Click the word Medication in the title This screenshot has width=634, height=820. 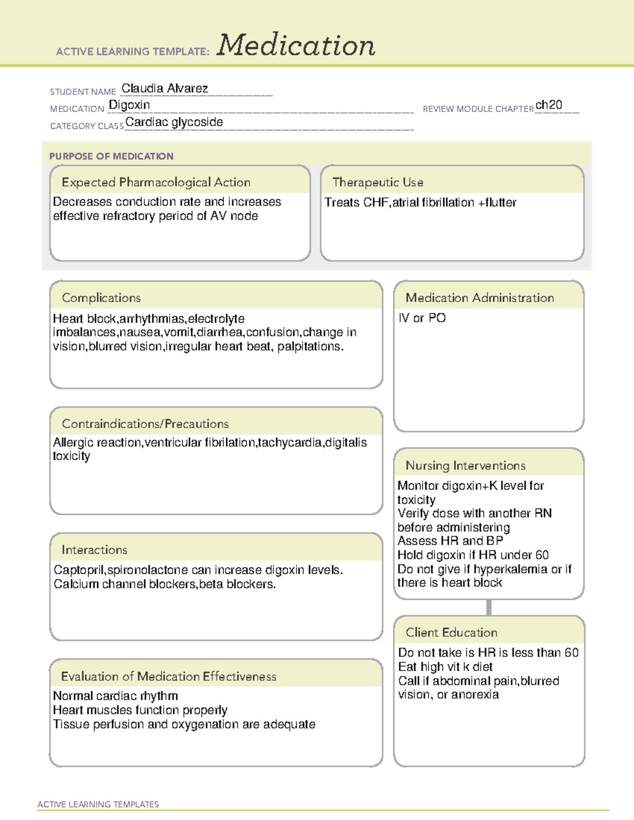coord(296,45)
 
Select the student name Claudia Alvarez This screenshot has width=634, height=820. coord(165,88)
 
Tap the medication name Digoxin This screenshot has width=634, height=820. coord(129,105)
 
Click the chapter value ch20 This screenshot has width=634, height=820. coord(548,105)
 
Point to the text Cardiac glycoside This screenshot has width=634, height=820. coord(174,122)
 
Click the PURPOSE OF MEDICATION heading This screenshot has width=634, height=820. coord(111,156)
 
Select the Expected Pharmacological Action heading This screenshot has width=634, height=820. coord(156,182)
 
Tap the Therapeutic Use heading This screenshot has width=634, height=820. coord(378,182)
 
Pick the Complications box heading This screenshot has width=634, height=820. coord(101,298)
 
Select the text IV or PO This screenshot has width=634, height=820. coord(422,318)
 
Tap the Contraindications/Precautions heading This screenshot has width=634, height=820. coord(145,423)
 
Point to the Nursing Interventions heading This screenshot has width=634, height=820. coord(465,465)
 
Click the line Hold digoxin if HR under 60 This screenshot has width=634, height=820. coord(473,555)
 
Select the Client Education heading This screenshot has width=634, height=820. coord(451,633)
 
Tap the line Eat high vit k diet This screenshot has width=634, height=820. coord(445,667)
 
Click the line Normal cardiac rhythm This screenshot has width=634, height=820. coord(115,696)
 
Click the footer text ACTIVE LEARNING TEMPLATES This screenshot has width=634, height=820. coord(98,804)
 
